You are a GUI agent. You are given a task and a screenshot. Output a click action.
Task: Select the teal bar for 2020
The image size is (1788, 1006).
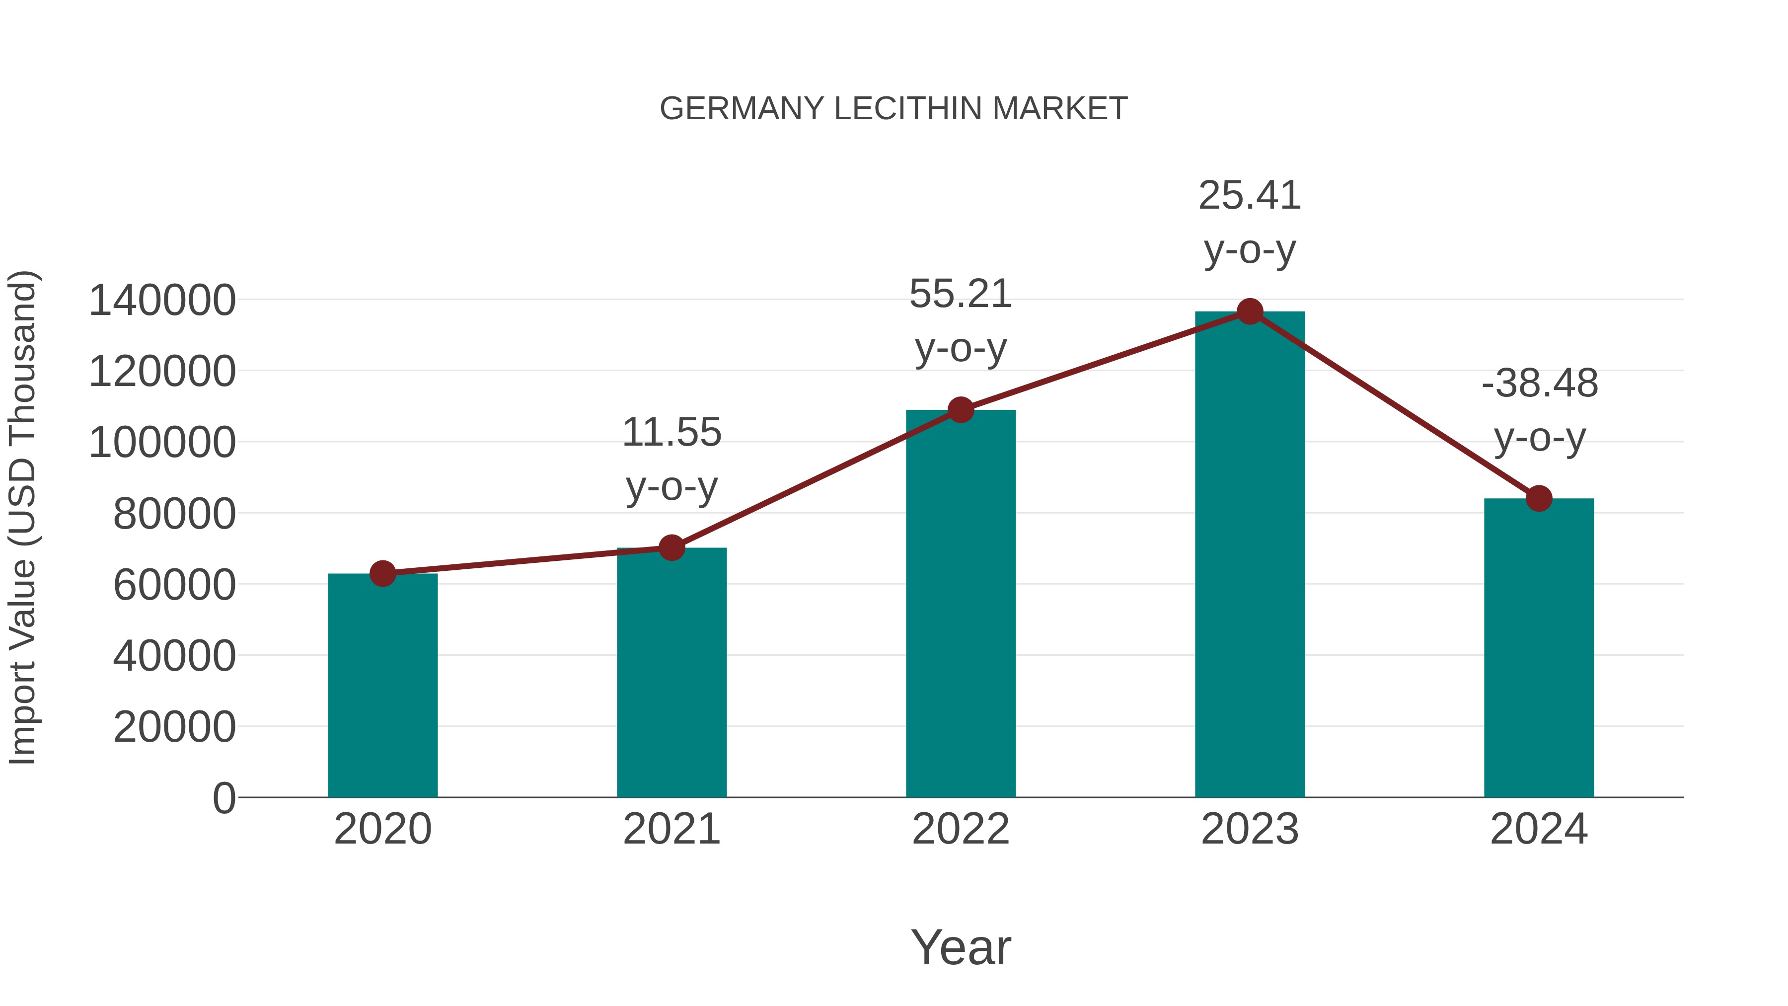pos(382,688)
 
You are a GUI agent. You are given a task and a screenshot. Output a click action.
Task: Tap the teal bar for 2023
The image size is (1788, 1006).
pos(1250,555)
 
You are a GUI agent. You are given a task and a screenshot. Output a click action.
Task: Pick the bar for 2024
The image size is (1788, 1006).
pos(1538,649)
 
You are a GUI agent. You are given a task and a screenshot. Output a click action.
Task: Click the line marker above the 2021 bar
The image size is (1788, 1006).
pos(671,548)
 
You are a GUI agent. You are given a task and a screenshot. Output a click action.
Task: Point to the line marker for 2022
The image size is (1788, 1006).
pos(961,410)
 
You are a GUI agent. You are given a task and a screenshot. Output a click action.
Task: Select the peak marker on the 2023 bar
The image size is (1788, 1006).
pos(1250,311)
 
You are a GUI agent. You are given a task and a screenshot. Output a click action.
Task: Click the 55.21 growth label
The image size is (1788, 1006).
pos(961,295)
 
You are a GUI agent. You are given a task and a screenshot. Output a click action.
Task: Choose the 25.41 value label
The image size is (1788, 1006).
pos(1250,196)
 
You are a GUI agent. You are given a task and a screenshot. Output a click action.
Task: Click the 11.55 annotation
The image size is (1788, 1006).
pos(671,433)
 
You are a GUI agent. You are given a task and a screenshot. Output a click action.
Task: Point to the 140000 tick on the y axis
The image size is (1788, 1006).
pos(162,302)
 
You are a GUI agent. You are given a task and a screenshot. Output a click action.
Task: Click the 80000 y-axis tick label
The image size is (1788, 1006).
pos(174,515)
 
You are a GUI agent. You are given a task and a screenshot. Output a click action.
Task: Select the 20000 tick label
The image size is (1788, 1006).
pos(174,728)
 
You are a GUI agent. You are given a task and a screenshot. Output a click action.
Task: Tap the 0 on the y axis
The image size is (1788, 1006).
pos(224,798)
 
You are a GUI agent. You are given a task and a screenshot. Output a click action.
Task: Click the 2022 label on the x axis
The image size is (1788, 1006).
pos(961,830)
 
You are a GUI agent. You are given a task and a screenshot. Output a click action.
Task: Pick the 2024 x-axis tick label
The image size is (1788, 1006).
pos(1538,830)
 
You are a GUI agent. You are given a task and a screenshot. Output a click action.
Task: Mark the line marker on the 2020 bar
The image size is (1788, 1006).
pos(382,573)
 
